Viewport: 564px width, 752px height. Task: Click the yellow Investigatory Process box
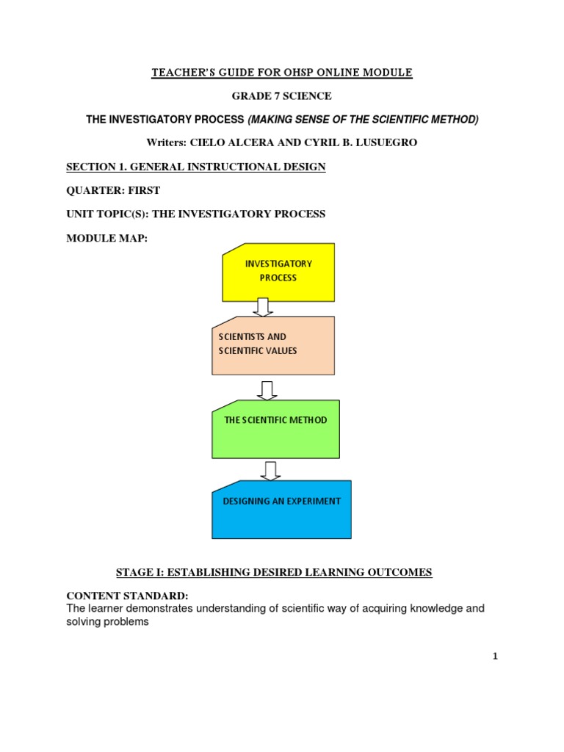click(278, 271)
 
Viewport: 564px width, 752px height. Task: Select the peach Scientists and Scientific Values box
click(272, 344)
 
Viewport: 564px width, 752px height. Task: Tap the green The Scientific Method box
click(275, 427)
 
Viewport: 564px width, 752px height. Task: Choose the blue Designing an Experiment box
click(281, 509)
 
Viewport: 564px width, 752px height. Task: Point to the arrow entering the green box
click(267, 389)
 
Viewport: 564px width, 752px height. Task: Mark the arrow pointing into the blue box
click(271, 470)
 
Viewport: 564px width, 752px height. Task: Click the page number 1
click(495, 657)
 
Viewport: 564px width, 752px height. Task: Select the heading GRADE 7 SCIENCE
click(282, 96)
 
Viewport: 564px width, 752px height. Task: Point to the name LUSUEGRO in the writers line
click(386, 143)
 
